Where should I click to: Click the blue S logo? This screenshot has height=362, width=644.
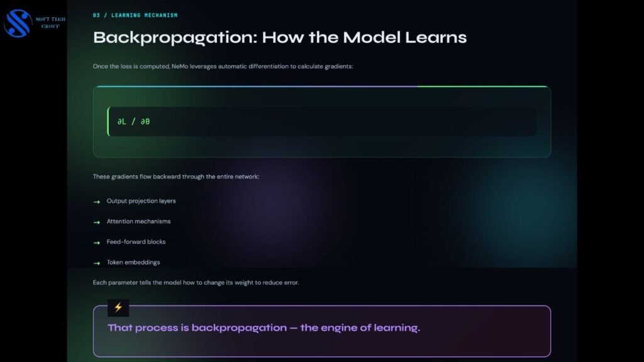[18, 23]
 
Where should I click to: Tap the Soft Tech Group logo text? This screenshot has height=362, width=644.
[50, 23]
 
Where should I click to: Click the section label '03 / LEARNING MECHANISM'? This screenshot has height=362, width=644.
[135, 15]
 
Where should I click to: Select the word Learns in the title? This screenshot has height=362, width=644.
[436, 37]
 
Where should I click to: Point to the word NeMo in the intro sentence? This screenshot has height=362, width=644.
[180, 66]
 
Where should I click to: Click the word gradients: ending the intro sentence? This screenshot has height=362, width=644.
[338, 67]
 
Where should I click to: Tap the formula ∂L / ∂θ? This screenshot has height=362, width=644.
[133, 121]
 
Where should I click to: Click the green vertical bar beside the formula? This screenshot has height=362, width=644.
[108, 121]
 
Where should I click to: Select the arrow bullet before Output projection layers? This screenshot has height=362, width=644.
[96, 202]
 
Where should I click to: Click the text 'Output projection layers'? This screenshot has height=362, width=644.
[142, 201]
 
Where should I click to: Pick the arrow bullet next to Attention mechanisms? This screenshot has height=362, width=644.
[96, 222]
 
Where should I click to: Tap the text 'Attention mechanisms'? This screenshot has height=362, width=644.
[139, 221]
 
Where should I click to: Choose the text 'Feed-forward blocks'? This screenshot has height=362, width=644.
[136, 242]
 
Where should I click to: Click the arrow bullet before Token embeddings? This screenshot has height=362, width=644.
[96, 263]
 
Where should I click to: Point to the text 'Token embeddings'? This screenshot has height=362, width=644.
[133, 262]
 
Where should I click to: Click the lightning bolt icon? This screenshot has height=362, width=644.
[118, 307]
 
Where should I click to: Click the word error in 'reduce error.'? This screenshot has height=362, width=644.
[292, 283]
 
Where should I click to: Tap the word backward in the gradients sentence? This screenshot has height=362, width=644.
[167, 177]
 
